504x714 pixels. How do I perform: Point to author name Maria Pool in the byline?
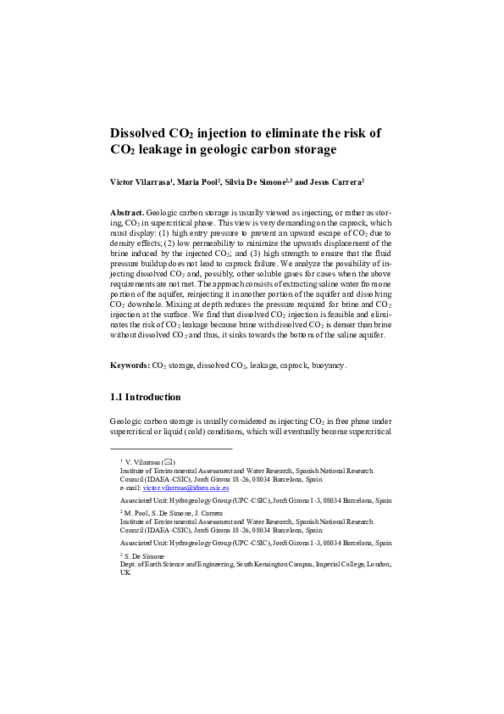198,181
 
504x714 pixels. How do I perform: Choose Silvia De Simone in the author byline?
258,181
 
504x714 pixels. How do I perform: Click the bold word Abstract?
127,211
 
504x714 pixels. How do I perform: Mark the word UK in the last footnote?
125,572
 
